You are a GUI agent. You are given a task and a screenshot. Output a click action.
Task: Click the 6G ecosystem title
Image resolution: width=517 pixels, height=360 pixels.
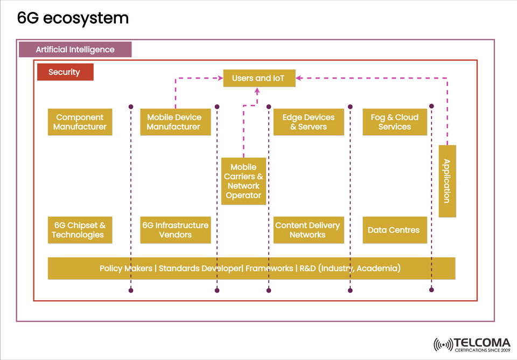[x=73, y=18]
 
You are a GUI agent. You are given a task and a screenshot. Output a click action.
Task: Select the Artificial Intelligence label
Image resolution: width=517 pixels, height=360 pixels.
[x=75, y=50]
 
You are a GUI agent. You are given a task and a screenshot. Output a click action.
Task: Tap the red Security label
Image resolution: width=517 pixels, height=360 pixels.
[x=65, y=72]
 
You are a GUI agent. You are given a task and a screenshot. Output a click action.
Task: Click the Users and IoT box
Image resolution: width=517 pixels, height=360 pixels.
[x=259, y=79]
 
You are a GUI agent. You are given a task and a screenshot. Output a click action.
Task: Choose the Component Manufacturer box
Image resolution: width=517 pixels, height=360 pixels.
[x=80, y=122]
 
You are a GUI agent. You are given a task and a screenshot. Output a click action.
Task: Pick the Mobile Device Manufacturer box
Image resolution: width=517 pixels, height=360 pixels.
[x=175, y=122]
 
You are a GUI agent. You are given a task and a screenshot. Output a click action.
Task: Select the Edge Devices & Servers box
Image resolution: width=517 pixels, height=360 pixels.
[x=308, y=122]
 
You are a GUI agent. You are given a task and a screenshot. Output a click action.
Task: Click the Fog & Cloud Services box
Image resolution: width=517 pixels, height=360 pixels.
[x=395, y=122]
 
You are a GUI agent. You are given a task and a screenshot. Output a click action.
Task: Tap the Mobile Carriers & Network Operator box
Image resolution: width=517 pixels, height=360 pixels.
[x=243, y=181]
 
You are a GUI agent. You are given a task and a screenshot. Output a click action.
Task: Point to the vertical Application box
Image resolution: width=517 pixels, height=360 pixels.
[x=447, y=181]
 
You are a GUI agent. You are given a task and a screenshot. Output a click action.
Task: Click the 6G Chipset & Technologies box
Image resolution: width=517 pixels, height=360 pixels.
[x=80, y=230]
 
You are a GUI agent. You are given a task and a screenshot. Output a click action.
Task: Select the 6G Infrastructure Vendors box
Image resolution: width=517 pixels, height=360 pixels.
[x=175, y=230]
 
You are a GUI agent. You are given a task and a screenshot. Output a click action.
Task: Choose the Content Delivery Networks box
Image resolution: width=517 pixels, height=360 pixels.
[x=308, y=230]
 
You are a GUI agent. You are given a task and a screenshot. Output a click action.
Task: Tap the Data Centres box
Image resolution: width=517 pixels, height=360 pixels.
[x=395, y=230]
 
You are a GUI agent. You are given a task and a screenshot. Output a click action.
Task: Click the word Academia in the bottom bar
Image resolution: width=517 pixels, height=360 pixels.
[x=378, y=268]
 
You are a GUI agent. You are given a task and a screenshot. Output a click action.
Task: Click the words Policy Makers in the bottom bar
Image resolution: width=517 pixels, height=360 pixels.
[x=125, y=268]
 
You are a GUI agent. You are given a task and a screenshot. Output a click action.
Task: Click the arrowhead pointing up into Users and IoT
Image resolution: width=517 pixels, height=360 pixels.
[x=257, y=90]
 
